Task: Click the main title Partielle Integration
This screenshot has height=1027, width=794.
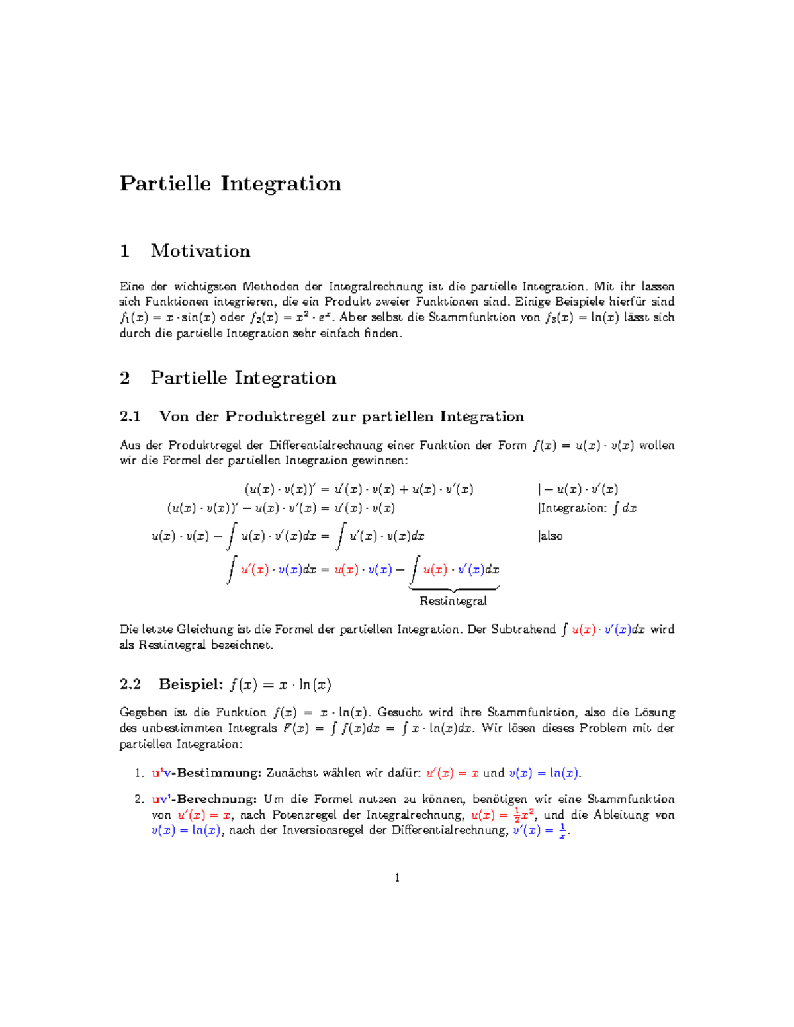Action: pos(230,183)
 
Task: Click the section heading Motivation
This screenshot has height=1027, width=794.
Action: pos(200,251)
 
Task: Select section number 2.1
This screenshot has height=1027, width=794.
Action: pos(130,417)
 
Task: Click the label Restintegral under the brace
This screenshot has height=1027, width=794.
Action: pos(453,601)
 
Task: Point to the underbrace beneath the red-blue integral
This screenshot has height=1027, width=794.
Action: pos(454,588)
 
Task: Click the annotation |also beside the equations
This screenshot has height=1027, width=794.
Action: pos(551,536)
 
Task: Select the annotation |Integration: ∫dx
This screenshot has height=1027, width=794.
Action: pos(588,509)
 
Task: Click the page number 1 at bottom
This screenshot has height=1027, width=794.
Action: pos(397,878)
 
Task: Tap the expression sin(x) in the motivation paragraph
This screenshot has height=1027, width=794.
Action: pos(198,317)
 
